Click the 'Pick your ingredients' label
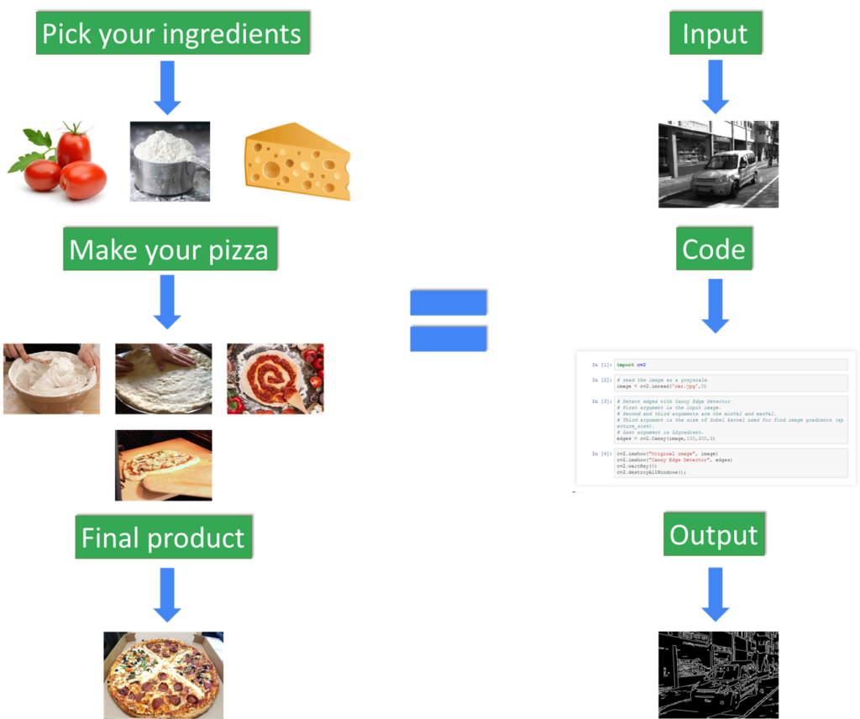tap(171, 34)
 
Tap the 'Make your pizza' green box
tap(169, 249)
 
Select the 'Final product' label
tap(163, 538)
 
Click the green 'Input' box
tap(715, 34)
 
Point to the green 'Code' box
tap(714, 249)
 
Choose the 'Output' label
tap(714, 535)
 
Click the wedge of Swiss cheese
tap(296, 161)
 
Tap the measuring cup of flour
tap(169, 161)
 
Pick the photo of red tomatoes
tap(59, 158)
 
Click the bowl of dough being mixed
tap(50, 378)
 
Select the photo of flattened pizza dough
tap(163, 378)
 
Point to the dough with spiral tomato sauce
tap(275, 378)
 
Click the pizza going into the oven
tap(163, 464)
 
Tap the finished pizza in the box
tap(164, 674)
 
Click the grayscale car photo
tap(718, 163)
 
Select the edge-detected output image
tap(718, 674)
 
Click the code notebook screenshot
tap(714, 417)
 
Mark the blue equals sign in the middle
tap(448, 321)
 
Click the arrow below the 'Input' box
tap(716, 87)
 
